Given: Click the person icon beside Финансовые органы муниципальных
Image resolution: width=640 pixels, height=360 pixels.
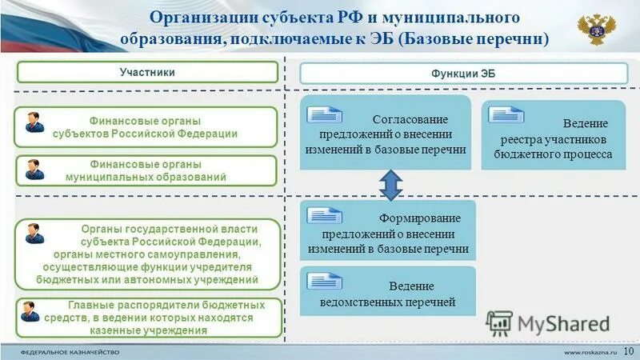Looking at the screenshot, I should click(x=34, y=169).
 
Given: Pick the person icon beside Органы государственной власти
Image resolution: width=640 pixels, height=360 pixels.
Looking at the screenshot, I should click(x=34, y=234).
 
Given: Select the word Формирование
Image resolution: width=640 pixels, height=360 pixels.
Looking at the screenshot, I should click(x=409, y=218).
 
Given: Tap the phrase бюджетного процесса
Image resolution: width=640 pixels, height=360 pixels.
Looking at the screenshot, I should click(x=553, y=154).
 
